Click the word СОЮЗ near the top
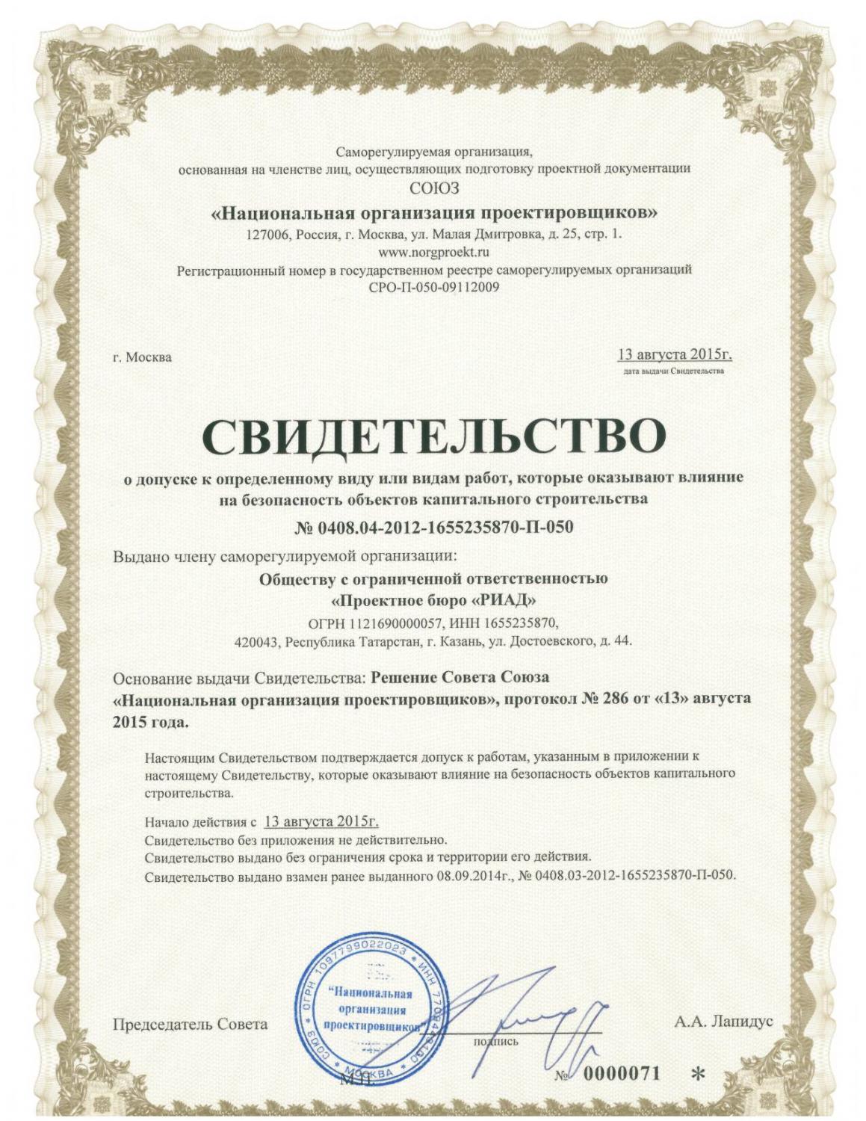[x=434, y=187]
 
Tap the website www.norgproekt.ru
[x=433, y=252]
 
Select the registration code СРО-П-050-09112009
[x=433, y=286]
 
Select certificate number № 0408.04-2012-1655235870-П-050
[x=433, y=528]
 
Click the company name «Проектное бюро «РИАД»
[x=433, y=600]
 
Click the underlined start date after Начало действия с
[x=321, y=821]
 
